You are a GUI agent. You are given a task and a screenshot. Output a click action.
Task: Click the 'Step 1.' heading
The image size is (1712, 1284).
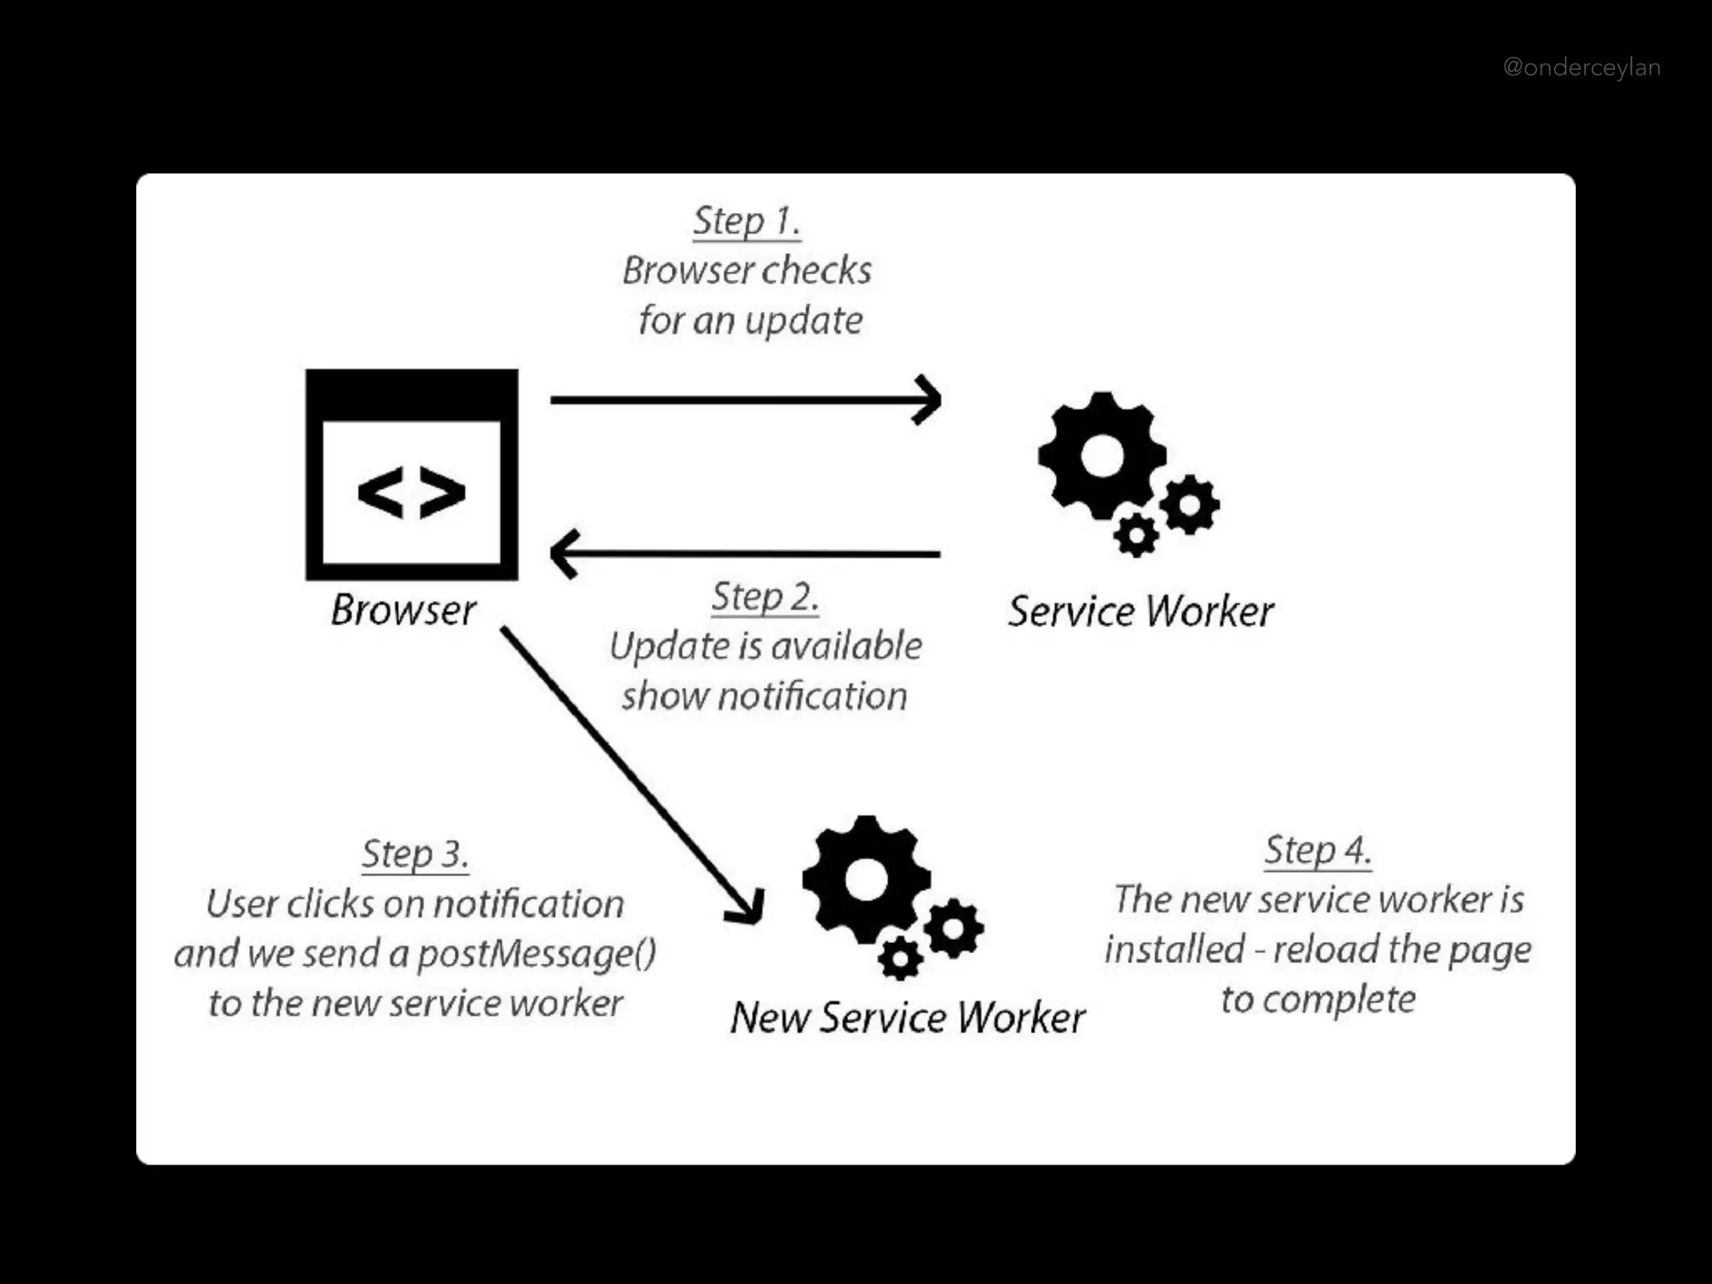click(x=746, y=222)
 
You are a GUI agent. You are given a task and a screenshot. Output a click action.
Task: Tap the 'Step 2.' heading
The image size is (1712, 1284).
click(x=765, y=598)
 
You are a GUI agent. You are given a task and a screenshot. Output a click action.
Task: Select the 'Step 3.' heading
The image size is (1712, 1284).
click(x=415, y=854)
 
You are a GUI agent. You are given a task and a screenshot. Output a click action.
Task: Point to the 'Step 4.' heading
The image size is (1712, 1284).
click(x=1317, y=850)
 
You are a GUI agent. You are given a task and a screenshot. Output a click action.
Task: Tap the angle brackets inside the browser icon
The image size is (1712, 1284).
click(x=411, y=492)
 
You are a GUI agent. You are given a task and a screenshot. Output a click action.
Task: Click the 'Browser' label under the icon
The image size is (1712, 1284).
click(x=404, y=610)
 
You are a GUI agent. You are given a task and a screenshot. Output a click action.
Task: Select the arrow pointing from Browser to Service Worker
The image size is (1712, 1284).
click(x=744, y=400)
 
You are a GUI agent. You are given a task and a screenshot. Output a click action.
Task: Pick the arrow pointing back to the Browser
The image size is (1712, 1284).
click(x=744, y=553)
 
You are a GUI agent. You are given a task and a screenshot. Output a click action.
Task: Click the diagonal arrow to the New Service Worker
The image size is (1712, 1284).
click(x=631, y=773)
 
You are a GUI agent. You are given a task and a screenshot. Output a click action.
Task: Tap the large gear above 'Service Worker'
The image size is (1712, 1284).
click(x=1102, y=456)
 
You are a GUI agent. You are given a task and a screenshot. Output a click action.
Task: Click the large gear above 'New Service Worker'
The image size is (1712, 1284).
click(x=866, y=880)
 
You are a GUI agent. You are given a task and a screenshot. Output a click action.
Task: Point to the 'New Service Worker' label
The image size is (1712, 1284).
click(x=908, y=1018)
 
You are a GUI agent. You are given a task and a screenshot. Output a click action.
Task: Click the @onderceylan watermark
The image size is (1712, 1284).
click(x=1582, y=68)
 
